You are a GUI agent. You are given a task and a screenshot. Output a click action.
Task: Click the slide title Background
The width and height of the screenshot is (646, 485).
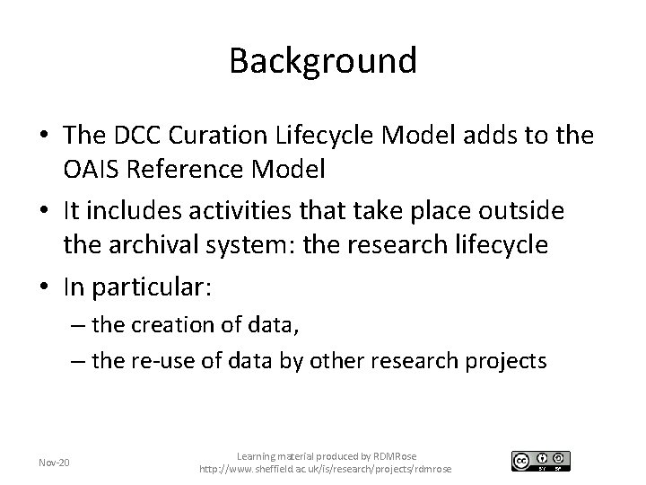pos(323,61)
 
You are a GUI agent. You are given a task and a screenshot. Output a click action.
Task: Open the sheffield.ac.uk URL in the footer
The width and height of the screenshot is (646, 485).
pos(326,470)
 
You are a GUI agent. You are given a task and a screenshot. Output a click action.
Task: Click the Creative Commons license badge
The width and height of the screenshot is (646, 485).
pos(540,461)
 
